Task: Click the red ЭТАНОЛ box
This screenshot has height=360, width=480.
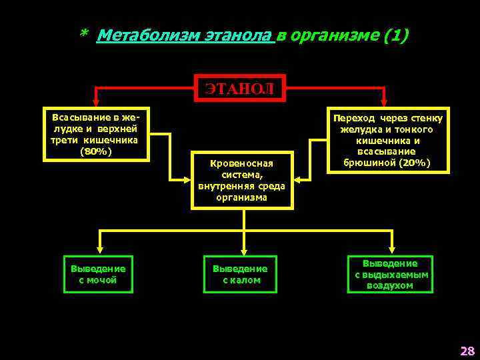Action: [240, 88]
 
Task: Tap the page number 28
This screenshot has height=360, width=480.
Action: [467, 351]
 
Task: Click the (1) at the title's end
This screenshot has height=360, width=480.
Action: [397, 35]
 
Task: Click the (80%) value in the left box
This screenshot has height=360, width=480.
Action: [96, 151]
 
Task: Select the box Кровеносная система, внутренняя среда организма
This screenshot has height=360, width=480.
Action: [241, 180]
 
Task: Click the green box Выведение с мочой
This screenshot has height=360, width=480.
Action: [98, 274]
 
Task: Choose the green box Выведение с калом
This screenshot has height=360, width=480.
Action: [240, 274]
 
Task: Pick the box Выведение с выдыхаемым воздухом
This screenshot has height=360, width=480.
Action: [390, 274]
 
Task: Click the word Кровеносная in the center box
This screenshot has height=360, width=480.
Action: [241, 163]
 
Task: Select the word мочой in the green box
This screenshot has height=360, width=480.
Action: [103, 280]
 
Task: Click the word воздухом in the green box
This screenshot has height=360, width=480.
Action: [390, 285]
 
